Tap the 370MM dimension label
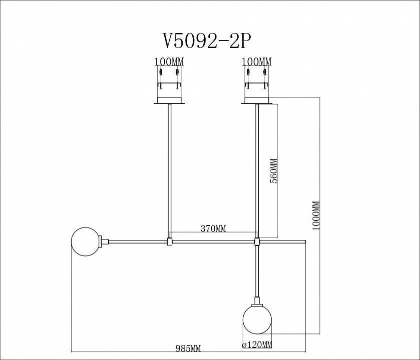click(213, 228)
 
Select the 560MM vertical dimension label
click(274, 171)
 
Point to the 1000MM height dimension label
click(315, 215)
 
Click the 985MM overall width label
click(189, 348)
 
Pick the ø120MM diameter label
click(257, 345)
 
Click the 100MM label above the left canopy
click(169, 62)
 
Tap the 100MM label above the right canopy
click(256, 62)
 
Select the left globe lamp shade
click(85, 241)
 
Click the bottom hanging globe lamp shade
click(257, 319)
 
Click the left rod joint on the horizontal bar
click(170, 242)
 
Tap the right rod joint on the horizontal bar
click(257, 242)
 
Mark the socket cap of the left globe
click(105, 241)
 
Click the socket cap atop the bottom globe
click(257, 301)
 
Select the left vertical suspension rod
click(170, 170)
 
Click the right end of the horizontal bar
click(304, 242)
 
